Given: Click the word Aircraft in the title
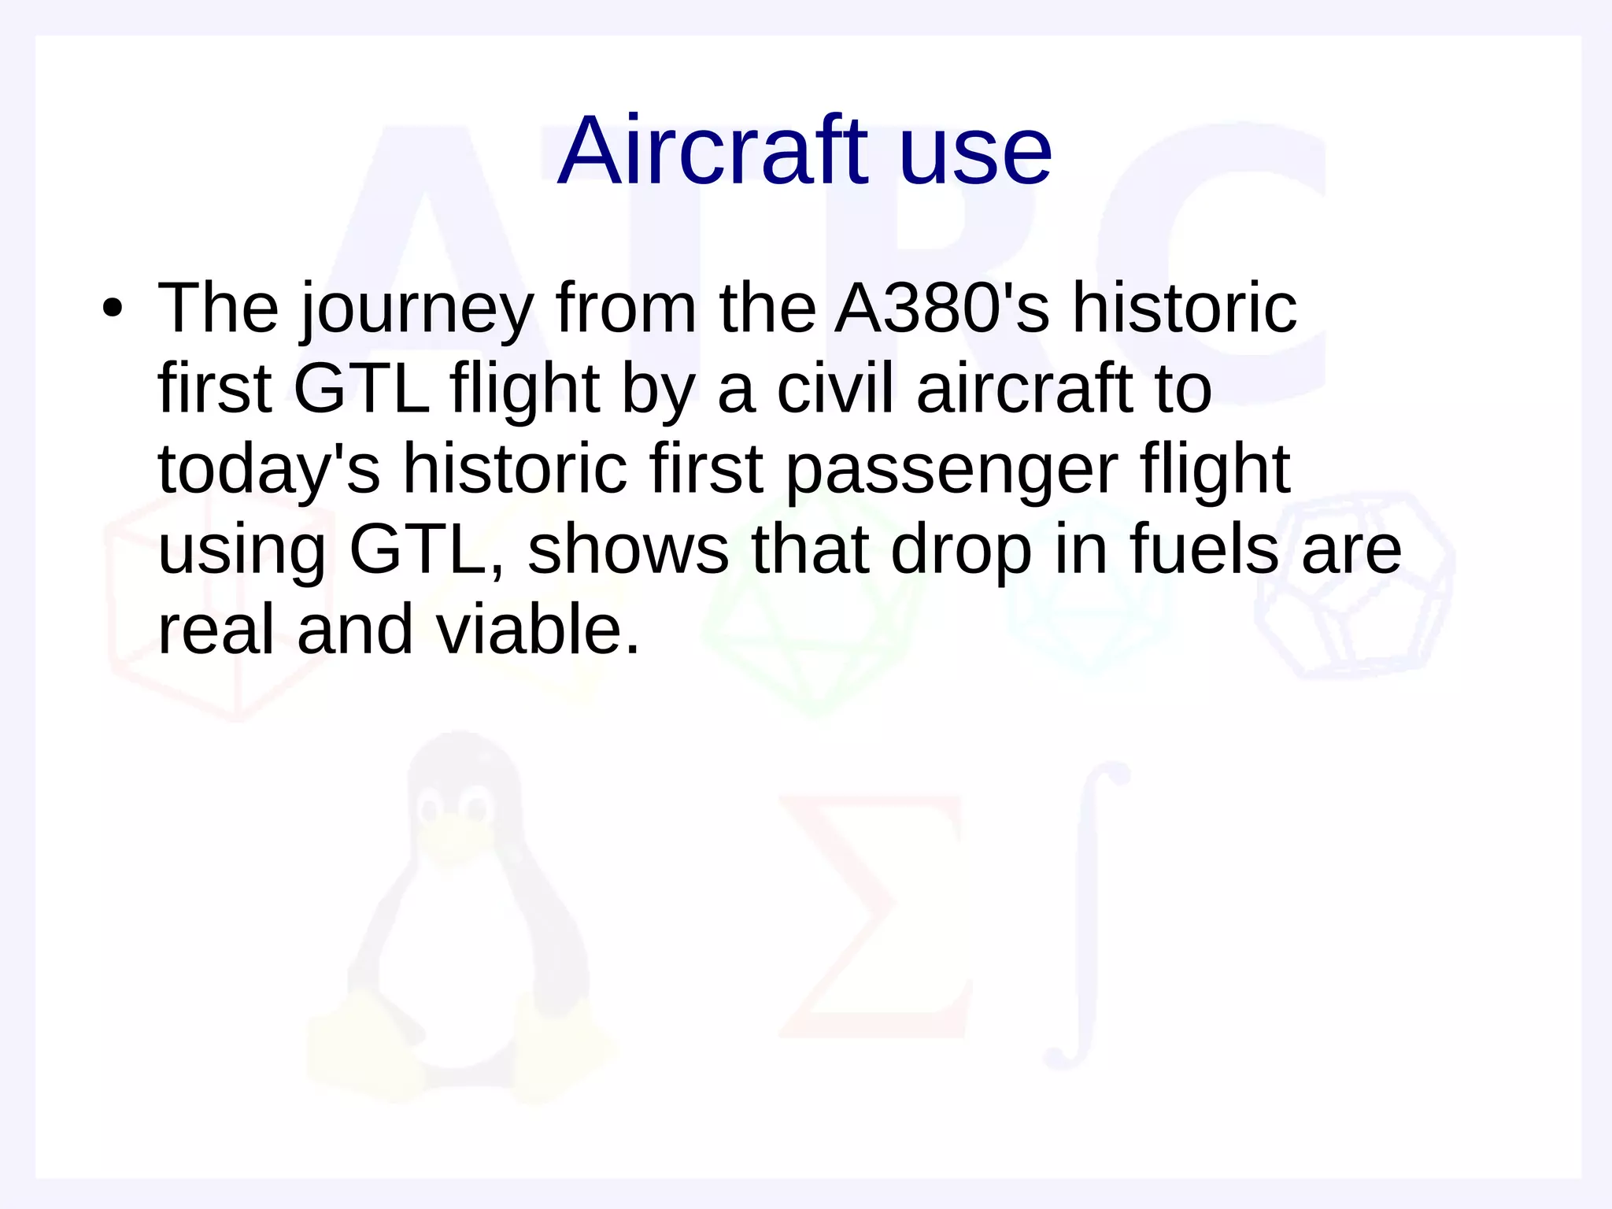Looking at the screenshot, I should [712, 151].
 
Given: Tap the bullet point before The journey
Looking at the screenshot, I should [113, 309].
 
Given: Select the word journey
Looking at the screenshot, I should [416, 311].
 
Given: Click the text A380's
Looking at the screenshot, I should [941, 308].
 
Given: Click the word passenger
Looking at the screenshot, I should [952, 471].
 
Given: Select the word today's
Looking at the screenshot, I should [268, 471].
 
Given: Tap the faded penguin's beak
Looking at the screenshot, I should [452, 837].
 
